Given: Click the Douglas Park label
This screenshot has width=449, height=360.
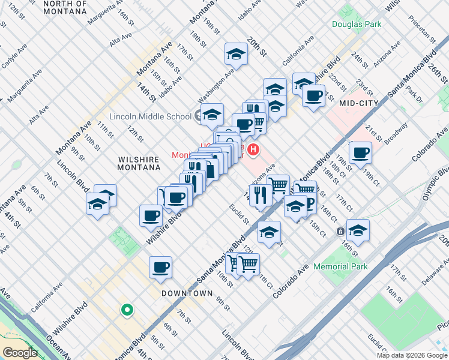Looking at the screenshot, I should point(356,25).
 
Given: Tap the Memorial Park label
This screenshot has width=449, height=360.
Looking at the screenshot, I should point(339,266).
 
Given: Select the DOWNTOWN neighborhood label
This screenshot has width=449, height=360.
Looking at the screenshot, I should point(187,293).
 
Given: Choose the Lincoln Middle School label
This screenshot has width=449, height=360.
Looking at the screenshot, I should point(150,116).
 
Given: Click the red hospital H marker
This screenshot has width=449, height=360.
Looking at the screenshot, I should point(254,150).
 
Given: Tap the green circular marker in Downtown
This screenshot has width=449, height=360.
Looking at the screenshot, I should point(127,310).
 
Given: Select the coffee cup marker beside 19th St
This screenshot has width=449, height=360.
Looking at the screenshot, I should point(360,153).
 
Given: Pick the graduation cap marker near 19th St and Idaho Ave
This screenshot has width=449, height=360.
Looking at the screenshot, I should point(237,55).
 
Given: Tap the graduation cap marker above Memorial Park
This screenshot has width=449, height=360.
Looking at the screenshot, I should point(358,230).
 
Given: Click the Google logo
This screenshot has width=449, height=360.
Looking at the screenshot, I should point(20,352).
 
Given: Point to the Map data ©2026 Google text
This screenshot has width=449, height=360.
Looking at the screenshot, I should point(411,355).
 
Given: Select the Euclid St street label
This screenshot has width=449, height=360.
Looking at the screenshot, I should point(239,214).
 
